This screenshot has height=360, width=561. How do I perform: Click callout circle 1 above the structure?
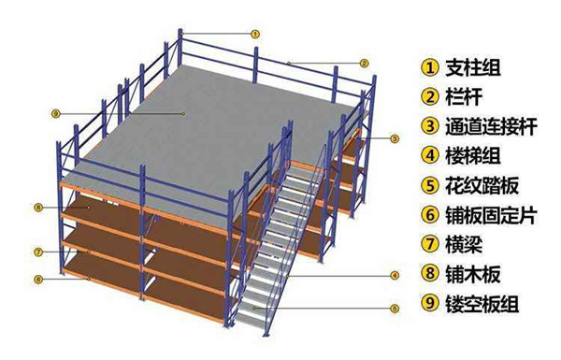pyautogui.click(x=254, y=35)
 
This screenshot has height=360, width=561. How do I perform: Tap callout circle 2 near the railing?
pyautogui.click(x=364, y=64)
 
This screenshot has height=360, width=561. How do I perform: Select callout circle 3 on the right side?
pyautogui.click(x=395, y=138)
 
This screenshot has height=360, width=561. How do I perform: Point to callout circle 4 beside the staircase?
pyautogui.click(x=395, y=276)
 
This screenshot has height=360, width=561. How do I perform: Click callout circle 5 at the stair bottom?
pyautogui.click(x=395, y=309)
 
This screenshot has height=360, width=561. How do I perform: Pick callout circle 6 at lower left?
pyautogui.click(x=38, y=280)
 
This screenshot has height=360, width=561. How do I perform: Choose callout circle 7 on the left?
pyautogui.click(x=38, y=252)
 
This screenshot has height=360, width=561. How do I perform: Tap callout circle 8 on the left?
pyautogui.click(x=38, y=208)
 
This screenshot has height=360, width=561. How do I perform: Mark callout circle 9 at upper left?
pyautogui.click(x=55, y=114)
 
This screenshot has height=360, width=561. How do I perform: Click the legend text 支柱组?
pyautogui.click(x=472, y=67)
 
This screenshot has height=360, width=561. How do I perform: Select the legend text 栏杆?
pyautogui.click(x=464, y=96)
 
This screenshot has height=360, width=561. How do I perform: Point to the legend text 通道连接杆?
pyautogui.click(x=491, y=126)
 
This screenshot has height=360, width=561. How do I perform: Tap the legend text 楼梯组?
pyautogui.click(x=472, y=155)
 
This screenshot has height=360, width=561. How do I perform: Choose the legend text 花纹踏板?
pyautogui.click(x=482, y=185)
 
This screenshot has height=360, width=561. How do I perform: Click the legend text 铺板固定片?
pyautogui.click(x=491, y=215)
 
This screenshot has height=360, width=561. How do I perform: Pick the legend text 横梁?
pyautogui.click(x=464, y=244)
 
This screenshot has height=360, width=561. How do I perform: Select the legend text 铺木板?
pyautogui.click(x=472, y=274)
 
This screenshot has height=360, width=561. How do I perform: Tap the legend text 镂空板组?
pyautogui.click(x=482, y=304)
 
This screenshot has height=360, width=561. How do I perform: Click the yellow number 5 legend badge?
pyautogui.click(x=430, y=186)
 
